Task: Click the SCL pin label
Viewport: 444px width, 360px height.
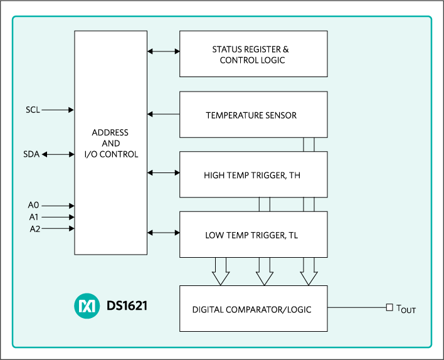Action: coord(33,110)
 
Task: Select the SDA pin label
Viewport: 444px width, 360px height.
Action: coord(31,154)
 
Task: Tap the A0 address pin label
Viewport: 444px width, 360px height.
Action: coord(34,206)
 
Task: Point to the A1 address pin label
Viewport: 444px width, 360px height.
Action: coord(34,217)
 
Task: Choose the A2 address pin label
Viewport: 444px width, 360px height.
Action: coord(34,229)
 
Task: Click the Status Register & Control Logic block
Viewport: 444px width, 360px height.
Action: coord(253,54)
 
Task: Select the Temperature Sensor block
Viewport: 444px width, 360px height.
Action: coord(253,115)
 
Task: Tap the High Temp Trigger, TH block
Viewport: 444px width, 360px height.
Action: coord(253,175)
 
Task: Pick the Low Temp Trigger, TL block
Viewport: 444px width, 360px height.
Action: coord(253,235)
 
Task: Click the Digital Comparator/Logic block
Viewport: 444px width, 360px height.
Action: coord(253,309)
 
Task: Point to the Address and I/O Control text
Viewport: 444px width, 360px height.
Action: coord(110,143)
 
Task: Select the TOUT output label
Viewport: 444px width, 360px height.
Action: coord(406,309)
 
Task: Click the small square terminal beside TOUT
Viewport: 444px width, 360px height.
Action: coord(389,307)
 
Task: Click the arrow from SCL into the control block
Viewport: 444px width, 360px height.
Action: coord(58,110)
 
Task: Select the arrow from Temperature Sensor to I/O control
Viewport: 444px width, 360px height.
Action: coord(164,114)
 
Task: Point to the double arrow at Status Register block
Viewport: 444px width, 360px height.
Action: coord(164,51)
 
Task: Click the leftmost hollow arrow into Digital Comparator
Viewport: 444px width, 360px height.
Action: coord(221,271)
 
